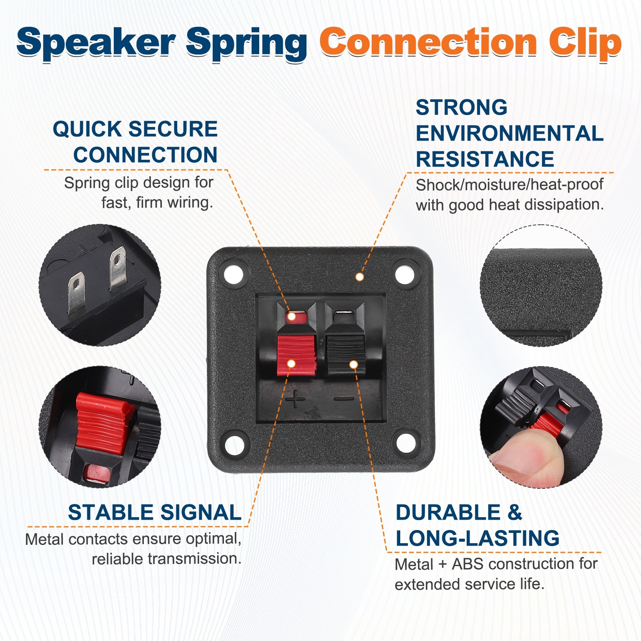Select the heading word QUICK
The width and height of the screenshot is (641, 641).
[87, 129]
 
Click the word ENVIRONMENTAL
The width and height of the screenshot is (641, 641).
[510, 133]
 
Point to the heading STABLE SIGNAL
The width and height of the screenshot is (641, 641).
[155, 512]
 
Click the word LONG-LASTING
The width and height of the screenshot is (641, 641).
[478, 538]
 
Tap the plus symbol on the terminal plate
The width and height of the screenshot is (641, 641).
[295, 399]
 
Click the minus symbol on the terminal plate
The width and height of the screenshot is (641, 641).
[344, 399]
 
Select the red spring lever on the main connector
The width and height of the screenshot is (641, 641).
[296, 355]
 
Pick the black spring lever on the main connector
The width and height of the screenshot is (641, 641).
[345, 355]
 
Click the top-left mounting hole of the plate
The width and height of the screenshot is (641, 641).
[234, 274]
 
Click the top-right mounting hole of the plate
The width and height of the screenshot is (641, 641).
[405, 274]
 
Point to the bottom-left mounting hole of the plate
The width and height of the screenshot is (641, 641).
[235, 444]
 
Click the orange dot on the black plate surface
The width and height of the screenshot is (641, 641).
[360, 277]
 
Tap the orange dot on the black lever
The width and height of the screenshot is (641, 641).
[353, 364]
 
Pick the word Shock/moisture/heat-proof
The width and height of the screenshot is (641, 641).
[510, 185]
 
